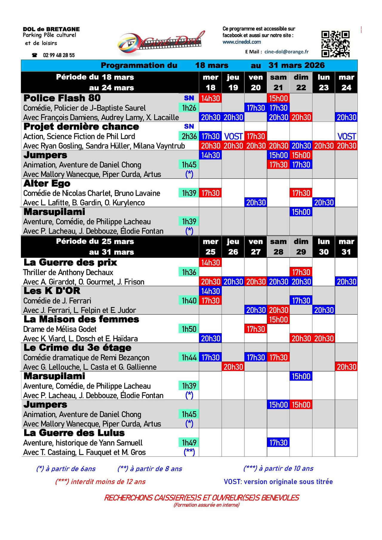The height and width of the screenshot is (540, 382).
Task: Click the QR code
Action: (335, 44)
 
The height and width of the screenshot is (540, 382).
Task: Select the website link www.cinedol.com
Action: (242, 42)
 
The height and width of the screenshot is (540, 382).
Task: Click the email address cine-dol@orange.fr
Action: (286, 52)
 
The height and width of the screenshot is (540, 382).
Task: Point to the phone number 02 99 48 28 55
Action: (59, 55)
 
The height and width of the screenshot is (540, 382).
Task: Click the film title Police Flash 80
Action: (62, 98)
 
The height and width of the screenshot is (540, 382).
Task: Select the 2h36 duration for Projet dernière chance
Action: (189, 136)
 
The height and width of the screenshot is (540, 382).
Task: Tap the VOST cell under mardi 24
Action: (346, 136)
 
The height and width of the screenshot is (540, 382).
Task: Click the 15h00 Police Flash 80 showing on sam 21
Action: (278, 98)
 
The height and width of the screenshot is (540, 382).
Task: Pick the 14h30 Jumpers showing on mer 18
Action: (210, 155)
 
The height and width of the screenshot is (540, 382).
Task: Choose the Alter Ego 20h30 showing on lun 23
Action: (324, 203)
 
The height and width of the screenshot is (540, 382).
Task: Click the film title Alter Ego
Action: (47, 183)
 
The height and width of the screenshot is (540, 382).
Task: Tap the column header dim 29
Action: (301, 246)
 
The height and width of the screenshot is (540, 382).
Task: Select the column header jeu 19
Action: (233, 82)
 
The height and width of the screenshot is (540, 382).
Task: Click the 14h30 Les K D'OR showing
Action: (210, 291)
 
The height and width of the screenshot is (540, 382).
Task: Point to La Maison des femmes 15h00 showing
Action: (278, 320)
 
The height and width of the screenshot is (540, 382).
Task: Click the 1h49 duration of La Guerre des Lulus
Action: (189, 443)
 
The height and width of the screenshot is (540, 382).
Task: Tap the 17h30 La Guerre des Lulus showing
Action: (278, 443)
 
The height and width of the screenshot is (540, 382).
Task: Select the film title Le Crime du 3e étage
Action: (77, 348)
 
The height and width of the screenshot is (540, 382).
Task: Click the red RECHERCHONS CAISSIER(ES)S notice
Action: (201, 498)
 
